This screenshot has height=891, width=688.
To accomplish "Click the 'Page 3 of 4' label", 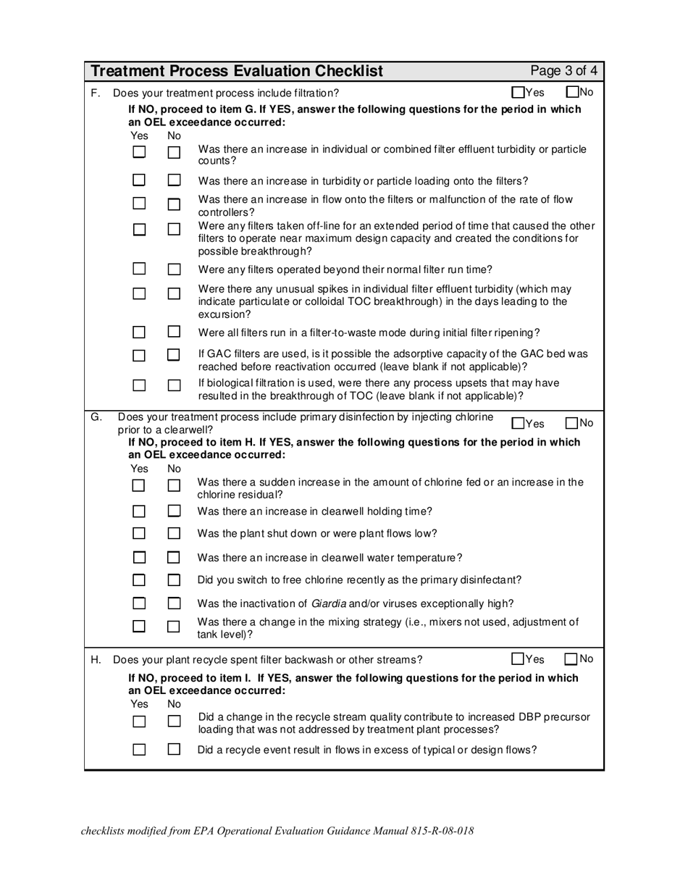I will coord(563,71).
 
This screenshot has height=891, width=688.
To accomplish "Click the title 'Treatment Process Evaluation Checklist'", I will coord(238,71).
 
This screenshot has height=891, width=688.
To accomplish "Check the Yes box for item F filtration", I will coord(518,93).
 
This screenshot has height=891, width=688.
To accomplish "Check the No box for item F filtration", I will coord(572,93).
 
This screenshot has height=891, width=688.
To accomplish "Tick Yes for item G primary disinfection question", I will coord(518,424).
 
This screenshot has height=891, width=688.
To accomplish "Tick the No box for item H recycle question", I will coord(572,659).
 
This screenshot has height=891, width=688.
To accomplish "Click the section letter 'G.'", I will coord(96,417).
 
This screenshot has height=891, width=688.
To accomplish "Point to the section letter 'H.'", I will coord(96,659).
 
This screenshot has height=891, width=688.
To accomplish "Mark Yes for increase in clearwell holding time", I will coord(139,511).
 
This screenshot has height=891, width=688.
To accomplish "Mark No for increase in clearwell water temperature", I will coord(174,558).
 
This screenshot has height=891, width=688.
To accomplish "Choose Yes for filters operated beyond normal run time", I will coord(139,269).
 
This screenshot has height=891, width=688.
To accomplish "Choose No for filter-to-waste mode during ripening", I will coord(174,332).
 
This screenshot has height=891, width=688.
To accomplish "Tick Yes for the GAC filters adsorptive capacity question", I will coord(139,356).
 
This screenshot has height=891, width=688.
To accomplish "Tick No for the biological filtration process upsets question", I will coord(174,385).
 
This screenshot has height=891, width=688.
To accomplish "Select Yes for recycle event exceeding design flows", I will coord(139,750).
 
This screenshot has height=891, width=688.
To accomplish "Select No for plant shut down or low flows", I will coord(174,534).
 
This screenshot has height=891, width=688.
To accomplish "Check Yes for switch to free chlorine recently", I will coord(139,580).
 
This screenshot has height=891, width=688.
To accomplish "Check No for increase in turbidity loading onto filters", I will coord(174,180).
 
